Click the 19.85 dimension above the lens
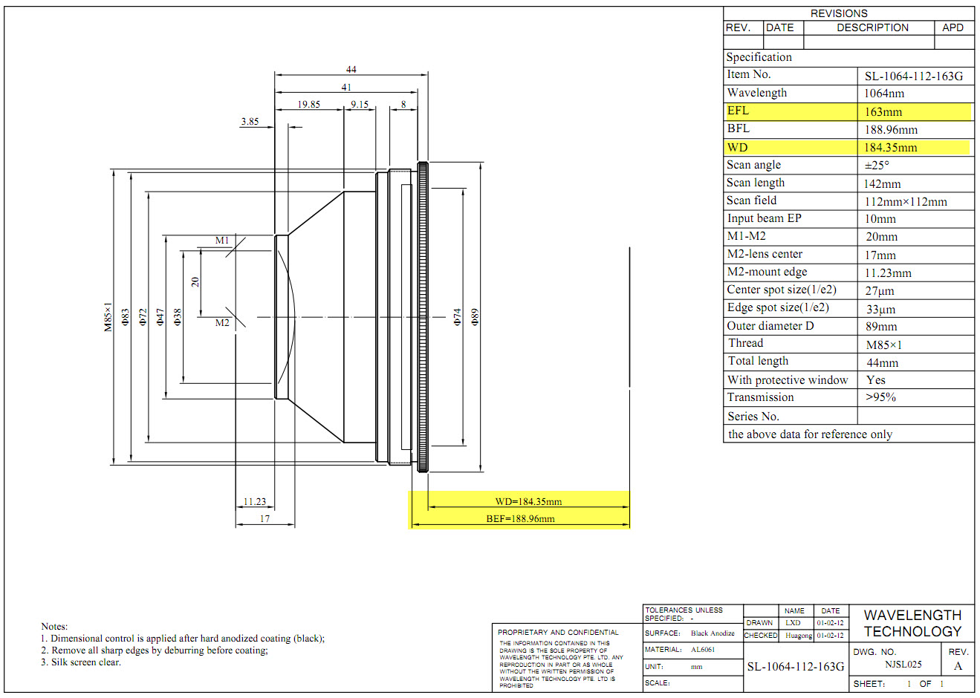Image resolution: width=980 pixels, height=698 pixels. pyautogui.click(x=308, y=105)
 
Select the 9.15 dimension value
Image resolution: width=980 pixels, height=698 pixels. pyautogui.click(x=360, y=105)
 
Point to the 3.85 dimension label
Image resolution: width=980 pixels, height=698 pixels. pyautogui.click(x=250, y=121)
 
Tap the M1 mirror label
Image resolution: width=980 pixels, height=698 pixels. pyautogui.click(x=222, y=241)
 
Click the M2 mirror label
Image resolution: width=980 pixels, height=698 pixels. pyautogui.click(x=222, y=322)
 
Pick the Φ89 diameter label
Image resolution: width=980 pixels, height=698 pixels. pyautogui.click(x=476, y=317)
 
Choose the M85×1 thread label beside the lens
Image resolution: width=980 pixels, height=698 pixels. pyautogui.click(x=108, y=317)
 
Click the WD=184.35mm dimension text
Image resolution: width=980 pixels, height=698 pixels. pyautogui.click(x=528, y=502)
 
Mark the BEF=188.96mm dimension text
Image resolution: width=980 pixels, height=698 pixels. pyautogui.click(x=520, y=519)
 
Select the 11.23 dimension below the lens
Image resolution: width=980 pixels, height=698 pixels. pyautogui.click(x=255, y=502)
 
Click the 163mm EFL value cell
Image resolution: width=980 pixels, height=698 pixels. pyautogui.click(x=883, y=112)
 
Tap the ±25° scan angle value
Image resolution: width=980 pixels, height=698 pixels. pyautogui.click(x=877, y=166)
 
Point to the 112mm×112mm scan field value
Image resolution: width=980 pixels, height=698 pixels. pyautogui.click(x=906, y=202)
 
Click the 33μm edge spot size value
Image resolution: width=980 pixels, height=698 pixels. pyautogui.click(x=880, y=309)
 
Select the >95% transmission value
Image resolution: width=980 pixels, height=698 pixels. pyautogui.click(x=881, y=397)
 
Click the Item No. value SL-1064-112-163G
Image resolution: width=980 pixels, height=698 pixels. pyautogui.click(x=914, y=76)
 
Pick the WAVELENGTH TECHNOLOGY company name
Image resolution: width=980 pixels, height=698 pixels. pyautogui.click(x=912, y=624)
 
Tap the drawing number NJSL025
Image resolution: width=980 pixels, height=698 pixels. pyautogui.click(x=903, y=665)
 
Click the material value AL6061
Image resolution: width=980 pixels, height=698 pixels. pyautogui.click(x=703, y=650)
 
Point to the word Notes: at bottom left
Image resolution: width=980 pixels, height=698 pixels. pyautogui.click(x=54, y=627)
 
